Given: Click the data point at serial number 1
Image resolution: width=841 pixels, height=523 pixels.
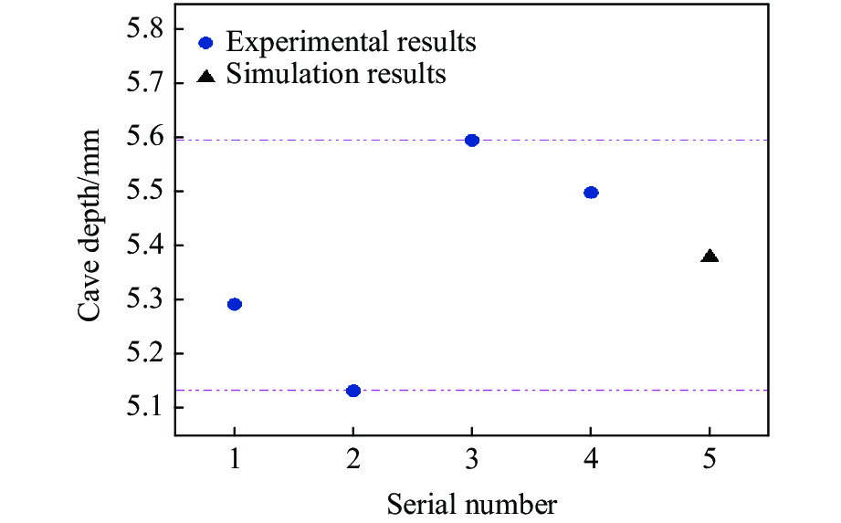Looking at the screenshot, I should [235, 304].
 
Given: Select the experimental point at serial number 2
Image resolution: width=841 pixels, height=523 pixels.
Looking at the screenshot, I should [353, 391].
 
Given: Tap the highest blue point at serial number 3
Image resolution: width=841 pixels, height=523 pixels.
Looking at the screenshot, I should [472, 140].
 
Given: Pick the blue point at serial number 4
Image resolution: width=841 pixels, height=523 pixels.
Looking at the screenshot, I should [591, 193].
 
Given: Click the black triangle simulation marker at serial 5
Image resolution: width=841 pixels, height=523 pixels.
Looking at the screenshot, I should [710, 256].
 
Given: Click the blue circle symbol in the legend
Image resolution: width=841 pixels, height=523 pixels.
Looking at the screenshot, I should [206, 42].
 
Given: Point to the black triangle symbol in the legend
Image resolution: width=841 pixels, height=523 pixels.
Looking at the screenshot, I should [206, 76].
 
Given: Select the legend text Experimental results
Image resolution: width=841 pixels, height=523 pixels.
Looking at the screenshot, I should [352, 42].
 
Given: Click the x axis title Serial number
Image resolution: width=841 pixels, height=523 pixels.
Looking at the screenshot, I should [471, 502].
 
